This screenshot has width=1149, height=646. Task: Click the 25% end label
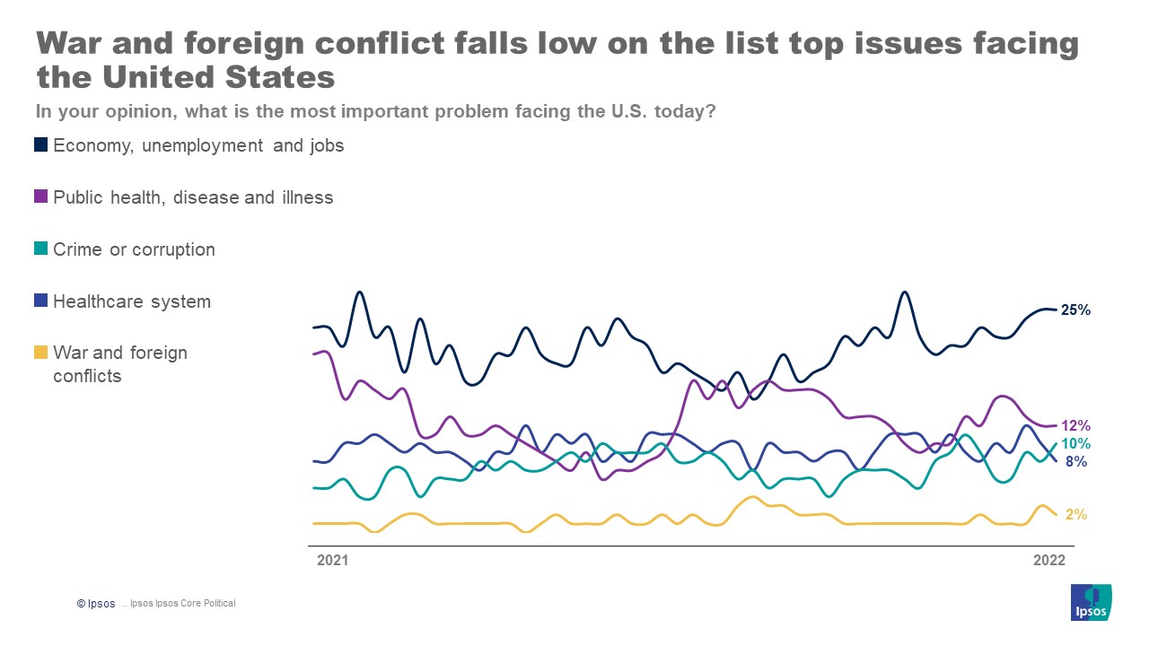[x=1075, y=310]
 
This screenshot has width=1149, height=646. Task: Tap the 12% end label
[x=1075, y=426]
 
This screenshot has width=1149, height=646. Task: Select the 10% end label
[x=1075, y=444]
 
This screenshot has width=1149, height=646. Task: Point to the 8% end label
[x=1076, y=462]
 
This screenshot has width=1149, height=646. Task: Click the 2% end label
[x=1076, y=515]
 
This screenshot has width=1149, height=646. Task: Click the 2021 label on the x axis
[x=332, y=561]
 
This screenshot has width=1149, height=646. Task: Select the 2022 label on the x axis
[x=1049, y=561]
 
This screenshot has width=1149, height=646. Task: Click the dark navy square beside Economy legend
[x=41, y=144]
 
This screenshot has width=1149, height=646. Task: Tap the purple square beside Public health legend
[x=41, y=197]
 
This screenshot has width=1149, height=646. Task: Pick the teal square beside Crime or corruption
[x=41, y=249]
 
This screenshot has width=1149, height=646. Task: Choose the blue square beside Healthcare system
[x=41, y=301]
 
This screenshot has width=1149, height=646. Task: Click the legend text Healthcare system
[x=132, y=301]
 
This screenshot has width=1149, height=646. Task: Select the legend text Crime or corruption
[x=134, y=249]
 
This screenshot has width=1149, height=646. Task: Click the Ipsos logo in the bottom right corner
[x=1091, y=601]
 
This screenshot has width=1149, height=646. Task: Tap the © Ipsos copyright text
[x=96, y=604]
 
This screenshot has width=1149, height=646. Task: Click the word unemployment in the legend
[x=204, y=145]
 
